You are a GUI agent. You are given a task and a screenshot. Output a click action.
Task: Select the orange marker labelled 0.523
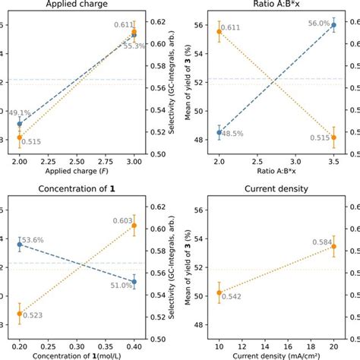point(20,313)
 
